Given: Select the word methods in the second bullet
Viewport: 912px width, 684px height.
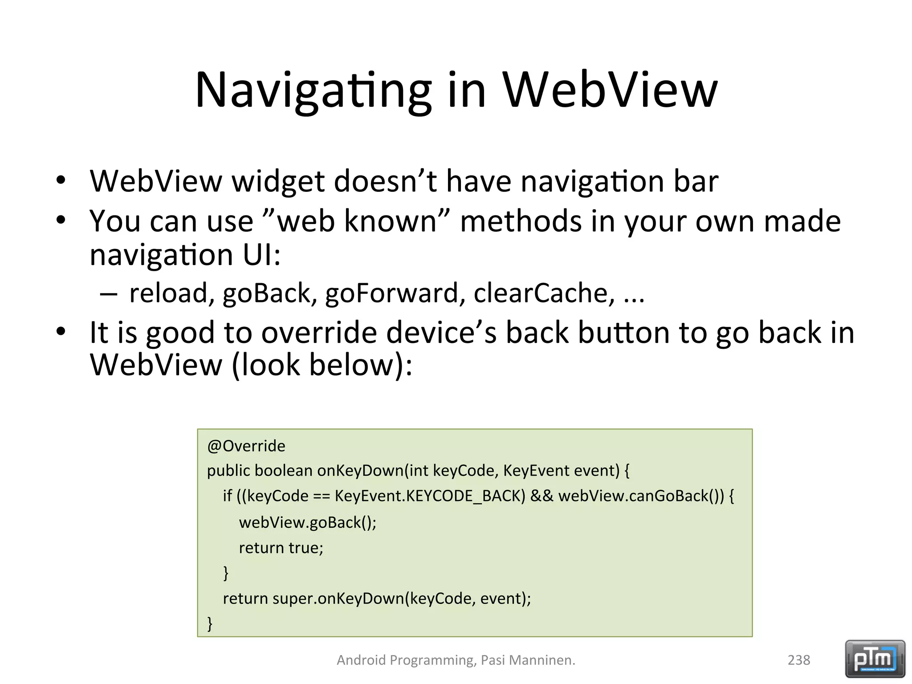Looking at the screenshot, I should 521,221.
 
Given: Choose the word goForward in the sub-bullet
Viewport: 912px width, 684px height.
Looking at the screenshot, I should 392,293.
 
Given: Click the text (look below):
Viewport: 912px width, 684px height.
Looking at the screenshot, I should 322,365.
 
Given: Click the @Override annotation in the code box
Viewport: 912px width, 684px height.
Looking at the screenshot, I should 246,446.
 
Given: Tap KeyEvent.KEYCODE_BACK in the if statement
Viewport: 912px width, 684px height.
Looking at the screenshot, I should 430,496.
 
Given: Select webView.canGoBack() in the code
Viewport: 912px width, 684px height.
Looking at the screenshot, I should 641,496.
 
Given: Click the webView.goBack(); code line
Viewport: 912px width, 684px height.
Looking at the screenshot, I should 308,522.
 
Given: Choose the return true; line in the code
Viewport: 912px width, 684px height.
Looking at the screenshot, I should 281,548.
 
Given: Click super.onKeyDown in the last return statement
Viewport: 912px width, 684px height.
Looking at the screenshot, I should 338,598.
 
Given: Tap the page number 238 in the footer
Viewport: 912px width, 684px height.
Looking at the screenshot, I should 799,660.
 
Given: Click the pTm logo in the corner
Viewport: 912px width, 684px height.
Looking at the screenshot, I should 875,659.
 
